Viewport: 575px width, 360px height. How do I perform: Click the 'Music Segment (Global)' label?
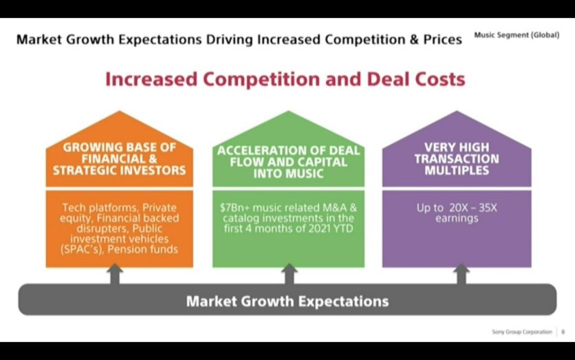[x=517, y=35]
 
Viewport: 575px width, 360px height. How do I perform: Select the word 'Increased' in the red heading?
[x=151, y=79]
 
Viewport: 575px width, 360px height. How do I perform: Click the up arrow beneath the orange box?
[x=115, y=273]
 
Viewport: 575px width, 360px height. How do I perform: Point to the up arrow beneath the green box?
[x=289, y=273]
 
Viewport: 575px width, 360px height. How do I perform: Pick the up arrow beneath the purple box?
[x=462, y=273]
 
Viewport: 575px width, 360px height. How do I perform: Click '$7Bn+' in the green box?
[x=235, y=208]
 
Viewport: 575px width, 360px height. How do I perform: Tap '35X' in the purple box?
[x=488, y=208]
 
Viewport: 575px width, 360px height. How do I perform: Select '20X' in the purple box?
[x=458, y=208]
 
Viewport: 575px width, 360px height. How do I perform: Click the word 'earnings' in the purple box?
[x=457, y=218]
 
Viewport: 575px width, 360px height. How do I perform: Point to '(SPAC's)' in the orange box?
[x=82, y=250]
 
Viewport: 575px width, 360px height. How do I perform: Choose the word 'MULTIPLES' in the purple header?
[x=457, y=170]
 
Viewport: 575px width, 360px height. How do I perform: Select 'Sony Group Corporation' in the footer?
[x=522, y=332]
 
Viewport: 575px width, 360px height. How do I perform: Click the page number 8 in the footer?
[x=563, y=332]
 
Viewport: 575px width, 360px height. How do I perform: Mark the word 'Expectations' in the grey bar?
[x=343, y=301]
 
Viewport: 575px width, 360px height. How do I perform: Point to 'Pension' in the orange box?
[x=125, y=250]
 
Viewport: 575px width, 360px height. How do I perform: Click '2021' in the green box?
[x=320, y=229]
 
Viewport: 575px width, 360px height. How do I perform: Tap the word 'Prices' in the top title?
[x=443, y=39]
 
